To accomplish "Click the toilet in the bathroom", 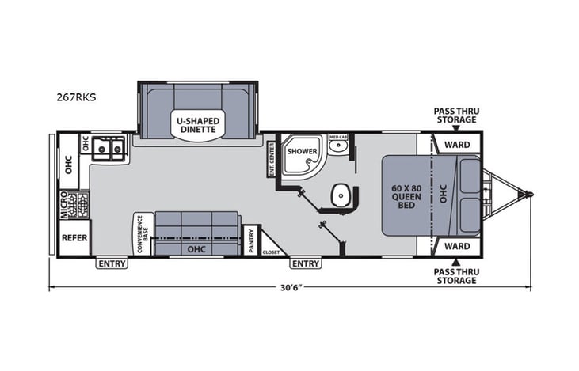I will click(x=342, y=194).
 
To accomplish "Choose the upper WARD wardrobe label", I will click(x=457, y=145).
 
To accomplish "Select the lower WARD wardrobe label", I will click(x=457, y=246).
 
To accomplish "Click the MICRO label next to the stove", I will click(x=64, y=205).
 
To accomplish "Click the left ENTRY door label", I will click(x=112, y=263).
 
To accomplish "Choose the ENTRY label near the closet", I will click(x=305, y=263).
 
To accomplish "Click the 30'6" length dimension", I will click(x=289, y=286).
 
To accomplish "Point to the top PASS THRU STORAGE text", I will click(x=456, y=115).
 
